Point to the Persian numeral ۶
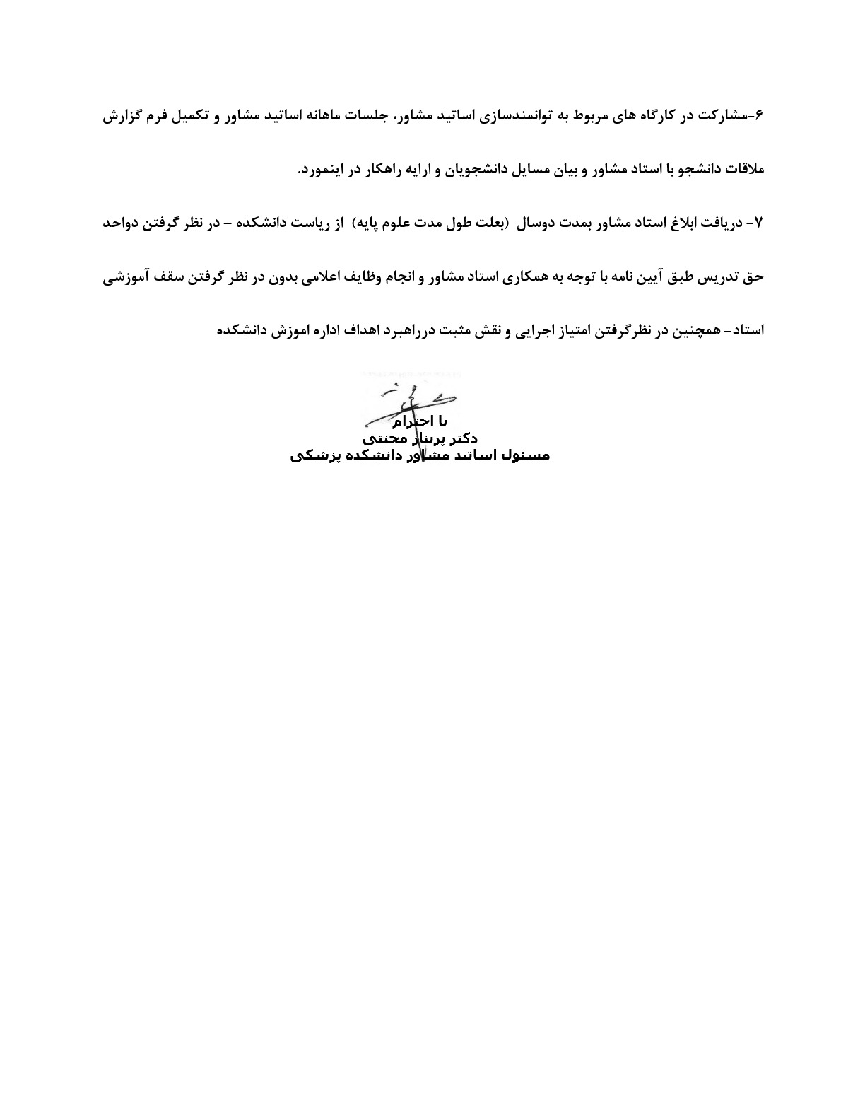[760, 116]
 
